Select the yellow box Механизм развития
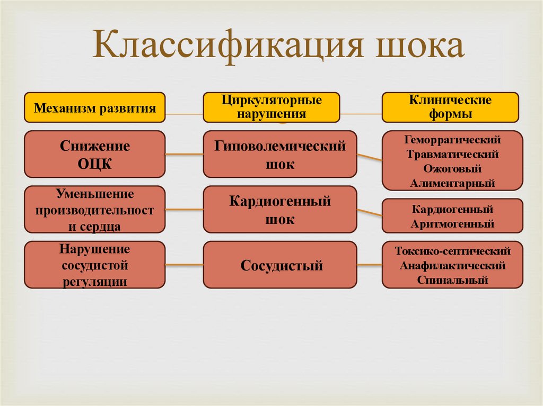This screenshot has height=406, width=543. [95, 108]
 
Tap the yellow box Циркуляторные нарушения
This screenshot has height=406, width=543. [271, 107]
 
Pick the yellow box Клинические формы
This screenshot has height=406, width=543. [450, 107]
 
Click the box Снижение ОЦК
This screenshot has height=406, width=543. [95, 154]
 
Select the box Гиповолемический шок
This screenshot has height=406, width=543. [279, 154]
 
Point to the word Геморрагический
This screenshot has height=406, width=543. [452, 140]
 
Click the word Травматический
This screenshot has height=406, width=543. [452, 155]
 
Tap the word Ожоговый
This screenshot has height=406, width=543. [452, 169]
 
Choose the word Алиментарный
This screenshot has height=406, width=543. [452, 183]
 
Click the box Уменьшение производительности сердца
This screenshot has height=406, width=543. [95, 210]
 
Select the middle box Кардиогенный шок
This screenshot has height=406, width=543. [279, 210]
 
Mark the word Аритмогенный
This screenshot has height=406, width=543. [452, 223]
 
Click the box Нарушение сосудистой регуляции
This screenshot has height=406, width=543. [95, 265]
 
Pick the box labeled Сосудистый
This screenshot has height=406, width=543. [279, 265]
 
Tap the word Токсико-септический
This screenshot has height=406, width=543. [452, 251]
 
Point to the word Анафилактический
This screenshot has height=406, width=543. [452, 265]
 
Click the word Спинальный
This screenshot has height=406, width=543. [452, 279]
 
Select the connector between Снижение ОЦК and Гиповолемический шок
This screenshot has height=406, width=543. [184, 155]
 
